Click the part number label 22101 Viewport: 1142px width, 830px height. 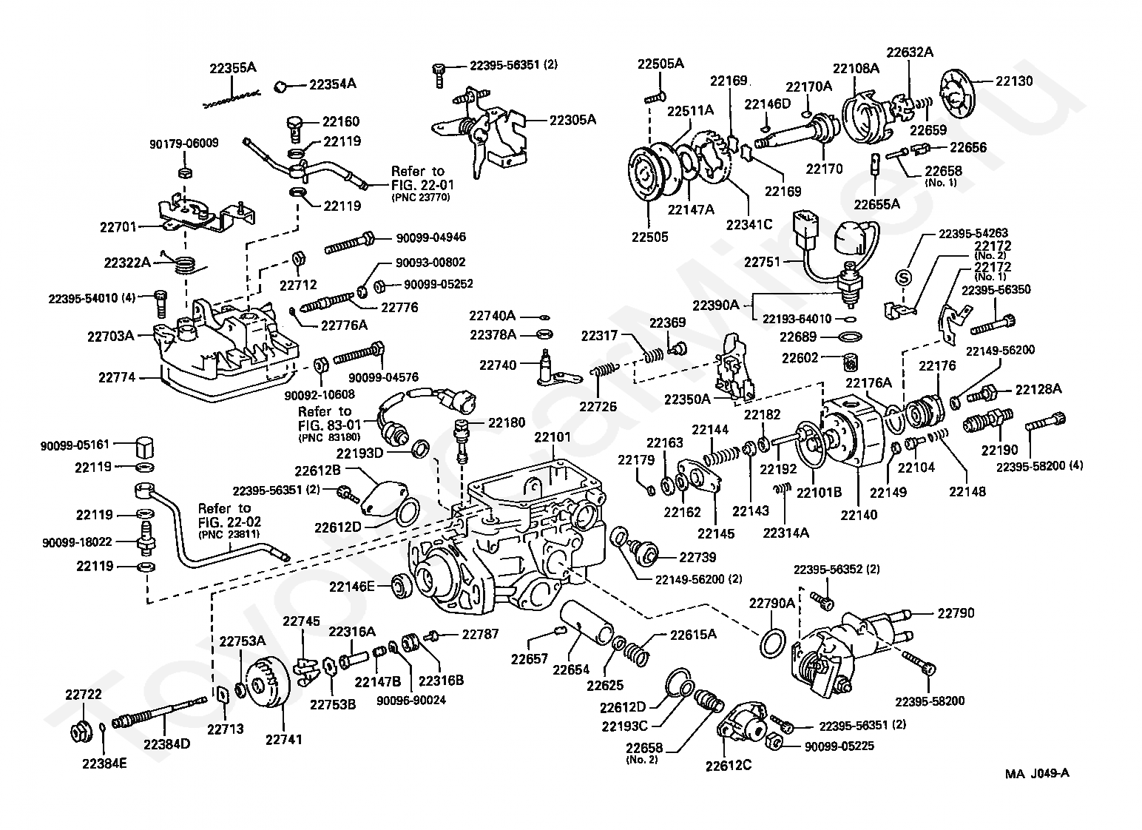[x=552, y=437]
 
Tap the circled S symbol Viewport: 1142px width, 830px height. [x=903, y=278]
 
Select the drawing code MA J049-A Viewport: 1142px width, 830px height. [x=1037, y=774]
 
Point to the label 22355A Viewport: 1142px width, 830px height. [x=232, y=68]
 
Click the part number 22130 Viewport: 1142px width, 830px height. [x=1014, y=81]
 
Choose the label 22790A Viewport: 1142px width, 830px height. [x=771, y=603]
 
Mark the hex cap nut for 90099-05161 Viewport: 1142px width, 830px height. [x=145, y=448]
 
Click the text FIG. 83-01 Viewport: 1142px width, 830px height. [x=329, y=425]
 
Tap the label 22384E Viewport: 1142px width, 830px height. [x=104, y=763]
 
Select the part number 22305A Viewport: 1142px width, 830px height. [x=572, y=120]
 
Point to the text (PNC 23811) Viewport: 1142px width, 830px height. [x=229, y=534]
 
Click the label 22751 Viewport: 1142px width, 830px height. [x=762, y=262]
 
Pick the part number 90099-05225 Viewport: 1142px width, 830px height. [x=839, y=746]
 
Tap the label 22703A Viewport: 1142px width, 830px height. [x=111, y=336]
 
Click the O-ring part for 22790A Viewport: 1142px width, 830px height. [x=772, y=644]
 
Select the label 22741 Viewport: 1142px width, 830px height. [x=283, y=739]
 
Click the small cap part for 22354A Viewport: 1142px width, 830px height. [x=280, y=87]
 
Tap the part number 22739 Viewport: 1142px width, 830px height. [x=697, y=557]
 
